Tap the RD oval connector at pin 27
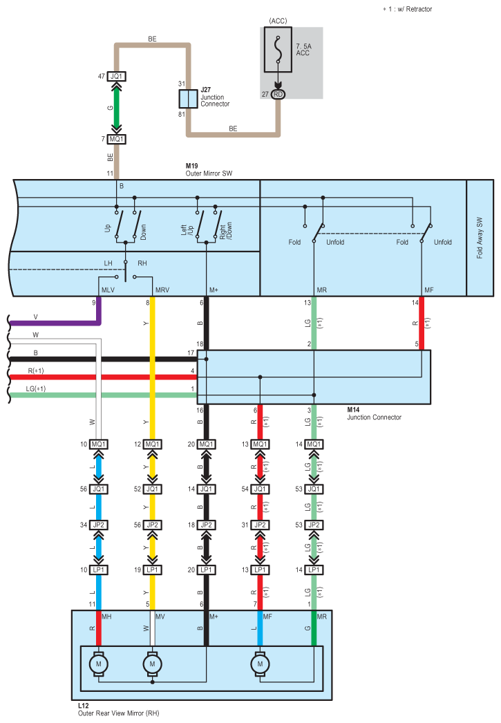point(278,94)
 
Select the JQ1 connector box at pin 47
point(116,76)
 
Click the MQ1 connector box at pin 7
point(116,139)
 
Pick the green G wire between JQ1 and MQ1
point(116,108)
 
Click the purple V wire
point(55,322)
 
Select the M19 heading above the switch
point(192,166)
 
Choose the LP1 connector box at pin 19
point(152,570)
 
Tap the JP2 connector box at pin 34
point(98,525)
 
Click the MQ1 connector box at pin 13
point(260,444)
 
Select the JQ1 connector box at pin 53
point(314,489)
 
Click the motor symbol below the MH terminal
point(98,664)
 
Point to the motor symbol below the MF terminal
point(261,664)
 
